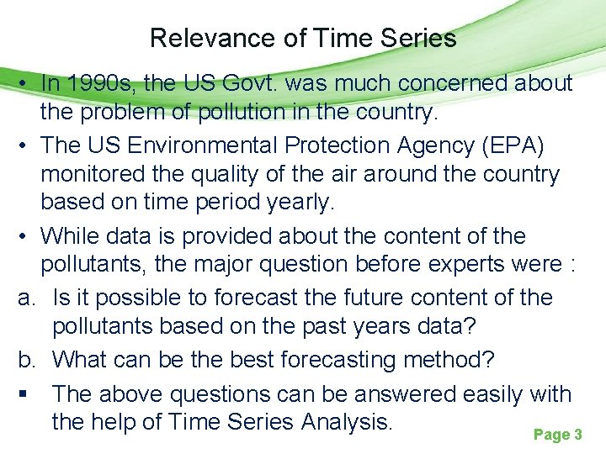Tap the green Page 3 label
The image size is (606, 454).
(x=558, y=435)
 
